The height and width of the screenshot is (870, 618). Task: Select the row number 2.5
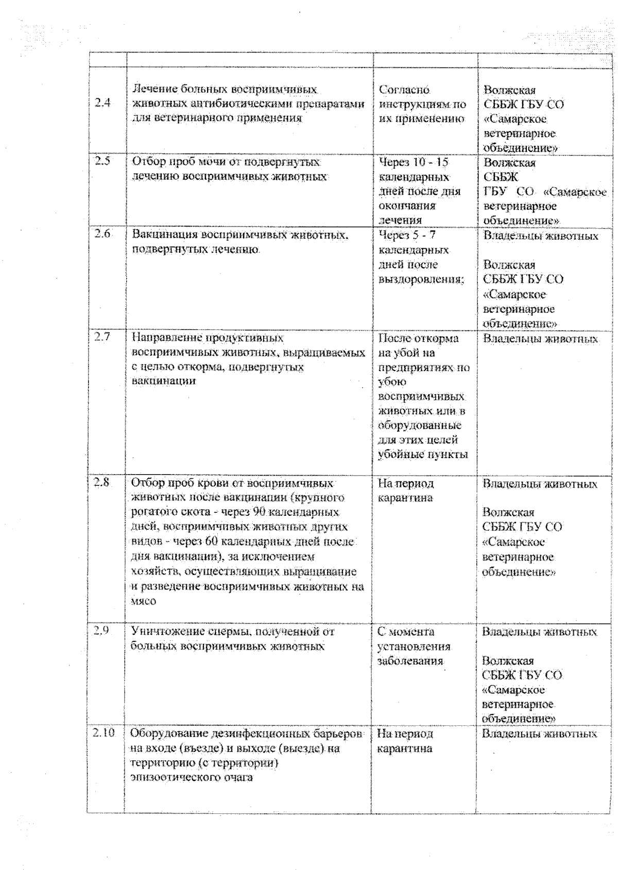102,161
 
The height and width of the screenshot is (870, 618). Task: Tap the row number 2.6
102,234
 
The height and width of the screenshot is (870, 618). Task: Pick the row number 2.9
101,630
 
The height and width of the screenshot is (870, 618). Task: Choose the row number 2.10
104,732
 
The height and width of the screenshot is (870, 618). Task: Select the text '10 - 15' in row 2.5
431,163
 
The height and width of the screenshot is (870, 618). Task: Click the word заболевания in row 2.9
410,660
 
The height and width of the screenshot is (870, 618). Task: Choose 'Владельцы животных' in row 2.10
539,734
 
